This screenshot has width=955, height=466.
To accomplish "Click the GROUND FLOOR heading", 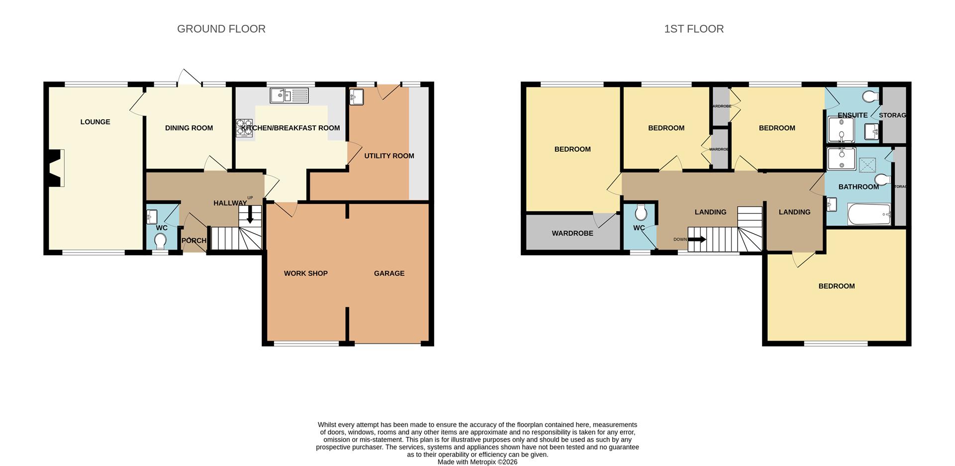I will [221, 29].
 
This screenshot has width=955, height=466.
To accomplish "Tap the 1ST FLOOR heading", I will [694, 29].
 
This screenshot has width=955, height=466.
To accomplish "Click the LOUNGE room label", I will [95, 122].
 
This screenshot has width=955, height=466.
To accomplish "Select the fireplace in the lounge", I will [56, 168].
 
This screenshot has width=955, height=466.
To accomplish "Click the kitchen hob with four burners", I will [244, 128].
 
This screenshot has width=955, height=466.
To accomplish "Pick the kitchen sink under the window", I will [289, 95].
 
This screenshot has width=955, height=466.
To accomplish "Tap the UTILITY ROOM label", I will [389, 156].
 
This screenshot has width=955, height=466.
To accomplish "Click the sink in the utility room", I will [357, 97].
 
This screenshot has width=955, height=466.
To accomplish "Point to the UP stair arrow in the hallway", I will [250, 214].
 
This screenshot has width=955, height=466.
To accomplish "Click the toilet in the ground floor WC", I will [160, 242].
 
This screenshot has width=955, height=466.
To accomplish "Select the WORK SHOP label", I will [305, 273].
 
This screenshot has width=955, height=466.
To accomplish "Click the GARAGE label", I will [389, 273].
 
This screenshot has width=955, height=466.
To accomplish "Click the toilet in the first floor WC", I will [641, 212].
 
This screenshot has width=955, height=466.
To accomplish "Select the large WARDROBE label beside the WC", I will [572, 233].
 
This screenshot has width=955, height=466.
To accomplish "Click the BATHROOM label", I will [859, 187].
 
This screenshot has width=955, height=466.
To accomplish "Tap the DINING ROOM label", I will [189, 128].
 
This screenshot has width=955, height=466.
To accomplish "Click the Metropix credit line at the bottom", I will [477, 462].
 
